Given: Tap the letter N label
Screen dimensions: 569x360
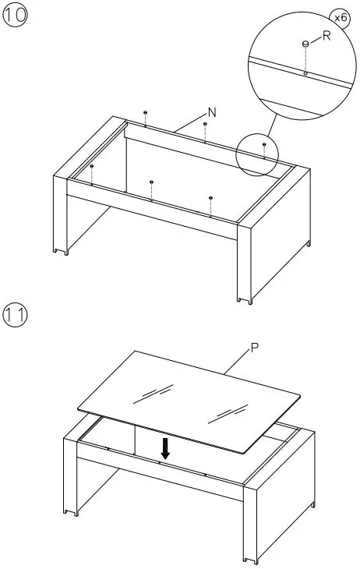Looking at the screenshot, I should click(x=212, y=113).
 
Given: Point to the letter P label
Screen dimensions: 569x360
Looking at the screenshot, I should click(x=254, y=350).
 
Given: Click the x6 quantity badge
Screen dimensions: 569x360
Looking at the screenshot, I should click(x=341, y=16).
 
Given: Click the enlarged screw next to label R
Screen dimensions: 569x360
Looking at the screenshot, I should click(x=306, y=44).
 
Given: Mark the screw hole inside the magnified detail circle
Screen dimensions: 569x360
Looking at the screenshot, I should click(x=305, y=73).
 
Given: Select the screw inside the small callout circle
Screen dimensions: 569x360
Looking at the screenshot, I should click(x=264, y=144).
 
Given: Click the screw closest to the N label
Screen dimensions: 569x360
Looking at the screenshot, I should click(x=205, y=124).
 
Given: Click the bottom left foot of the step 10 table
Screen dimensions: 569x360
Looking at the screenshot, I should click(x=61, y=250).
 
